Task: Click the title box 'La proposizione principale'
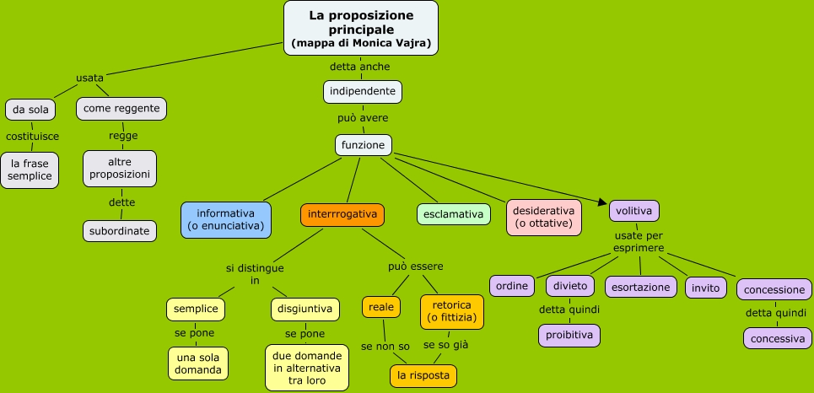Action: [361, 28]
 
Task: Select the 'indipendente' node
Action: [363, 91]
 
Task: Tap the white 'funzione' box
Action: [364, 145]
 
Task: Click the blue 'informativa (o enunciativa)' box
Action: [226, 219]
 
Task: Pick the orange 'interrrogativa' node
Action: [342, 214]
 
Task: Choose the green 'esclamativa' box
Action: [454, 214]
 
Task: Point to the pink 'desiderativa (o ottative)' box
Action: [544, 217]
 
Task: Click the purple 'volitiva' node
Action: [634, 211]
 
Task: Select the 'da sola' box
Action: [31, 110]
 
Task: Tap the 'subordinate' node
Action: [120, 231]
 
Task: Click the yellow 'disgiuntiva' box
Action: [306, 309]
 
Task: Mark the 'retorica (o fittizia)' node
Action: [452, 311]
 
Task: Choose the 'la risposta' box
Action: [423, 375]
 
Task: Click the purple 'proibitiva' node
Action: [569, 336]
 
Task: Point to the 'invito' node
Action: [705, 288]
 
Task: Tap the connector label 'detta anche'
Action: [360, 67]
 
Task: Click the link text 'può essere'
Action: [416, 266]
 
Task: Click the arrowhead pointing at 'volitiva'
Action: [603, 202]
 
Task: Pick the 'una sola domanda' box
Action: [198, 363]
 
